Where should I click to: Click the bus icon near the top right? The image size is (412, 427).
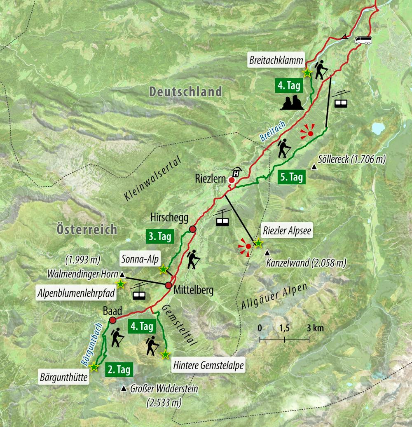click(x=363, y=40)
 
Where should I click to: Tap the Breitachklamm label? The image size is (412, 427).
click(x=276, y=60)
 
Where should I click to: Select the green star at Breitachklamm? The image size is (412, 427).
click(x=307, y=73)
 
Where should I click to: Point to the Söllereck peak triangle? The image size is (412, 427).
click(x=314, y=167)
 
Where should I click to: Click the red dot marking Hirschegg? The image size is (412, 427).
click(x=192, y=230)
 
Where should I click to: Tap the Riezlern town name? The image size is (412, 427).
click(x=210, y=179)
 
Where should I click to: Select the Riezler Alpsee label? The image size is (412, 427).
click(x=286, y=231)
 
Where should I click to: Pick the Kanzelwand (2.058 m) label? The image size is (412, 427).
click(x=306, y=262)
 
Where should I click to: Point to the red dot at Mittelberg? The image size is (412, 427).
click(x=168, y=285)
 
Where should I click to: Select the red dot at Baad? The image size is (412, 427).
click(x=112, y=320)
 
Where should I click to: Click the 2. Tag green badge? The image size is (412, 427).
click(x=119, y=369)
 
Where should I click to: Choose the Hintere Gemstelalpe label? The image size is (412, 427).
click(x=208, y=365)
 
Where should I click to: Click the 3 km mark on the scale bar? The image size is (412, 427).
click(x=309, y=339)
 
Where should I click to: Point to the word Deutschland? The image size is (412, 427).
click(x=185, y=91)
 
